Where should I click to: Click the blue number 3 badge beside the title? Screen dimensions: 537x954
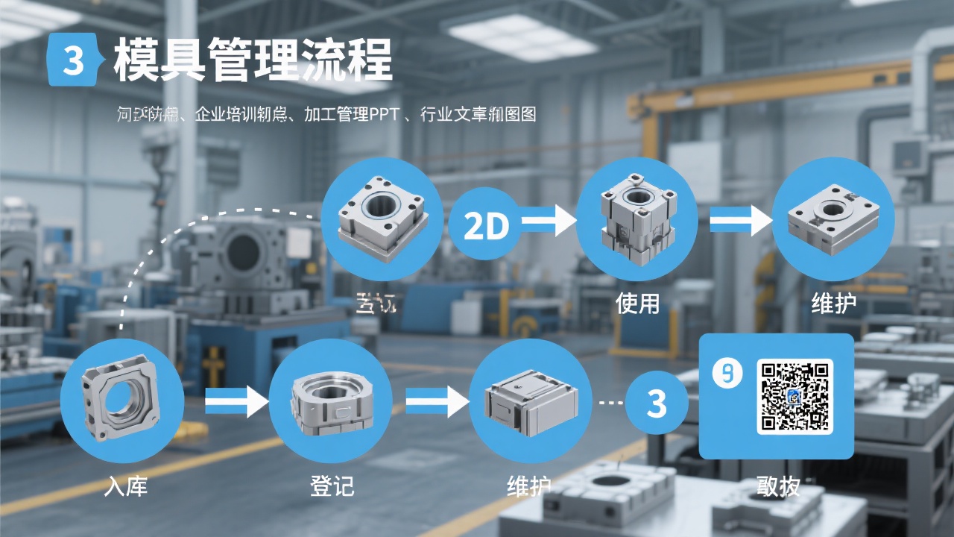pos(72,60)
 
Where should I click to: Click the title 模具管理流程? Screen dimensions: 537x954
pos(253,60)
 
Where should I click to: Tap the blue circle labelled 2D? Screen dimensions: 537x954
pos(486,224)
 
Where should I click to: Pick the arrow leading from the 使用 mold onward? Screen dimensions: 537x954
pos(740,222)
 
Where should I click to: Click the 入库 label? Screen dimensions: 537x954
pos(126,486)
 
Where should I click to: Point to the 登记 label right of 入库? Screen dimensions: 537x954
pos(332,486)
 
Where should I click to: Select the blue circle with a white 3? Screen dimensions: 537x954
pos(656,403)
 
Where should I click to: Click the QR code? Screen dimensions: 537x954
pos(795,396)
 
